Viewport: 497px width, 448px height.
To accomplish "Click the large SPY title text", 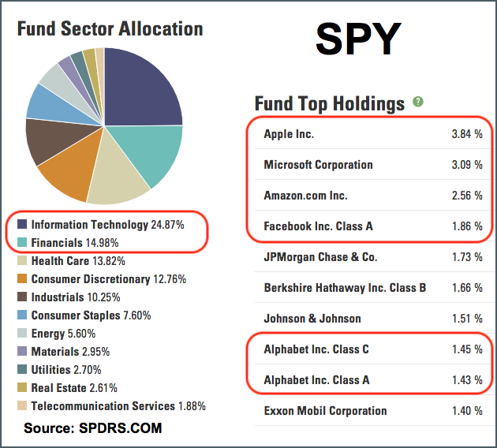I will pyautogui.click(x=360, y=40).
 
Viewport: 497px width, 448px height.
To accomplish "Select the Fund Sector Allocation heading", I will pyautogui.click(x=110, y=29).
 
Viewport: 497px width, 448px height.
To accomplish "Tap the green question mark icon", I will pyautogui.click(x=417, y=103).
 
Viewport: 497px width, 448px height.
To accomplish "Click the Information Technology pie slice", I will pyautogui.click(x=142, y=83).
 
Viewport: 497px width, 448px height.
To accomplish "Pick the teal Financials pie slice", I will pyautogui.click(x=154, y=154).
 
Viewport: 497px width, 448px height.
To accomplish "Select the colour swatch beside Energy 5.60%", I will pyautogui.click(x=23, y=334).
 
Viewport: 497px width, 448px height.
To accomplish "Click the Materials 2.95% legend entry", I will pyautogui.click(x=74, y=352).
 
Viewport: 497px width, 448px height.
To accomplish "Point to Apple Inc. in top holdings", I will pyautogui.click(x=289, y=134).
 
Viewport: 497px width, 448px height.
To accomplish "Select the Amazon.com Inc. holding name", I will pyautogui.click(x=305, y=196).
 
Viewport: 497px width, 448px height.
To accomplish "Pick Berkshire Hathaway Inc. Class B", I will pyautogui.click(x=345, y=288).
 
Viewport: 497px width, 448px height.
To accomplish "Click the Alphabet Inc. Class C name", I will pyautogui.click(x=316, y=349).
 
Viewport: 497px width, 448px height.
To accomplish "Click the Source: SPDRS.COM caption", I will pyautogui.click(x=93, y=428).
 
